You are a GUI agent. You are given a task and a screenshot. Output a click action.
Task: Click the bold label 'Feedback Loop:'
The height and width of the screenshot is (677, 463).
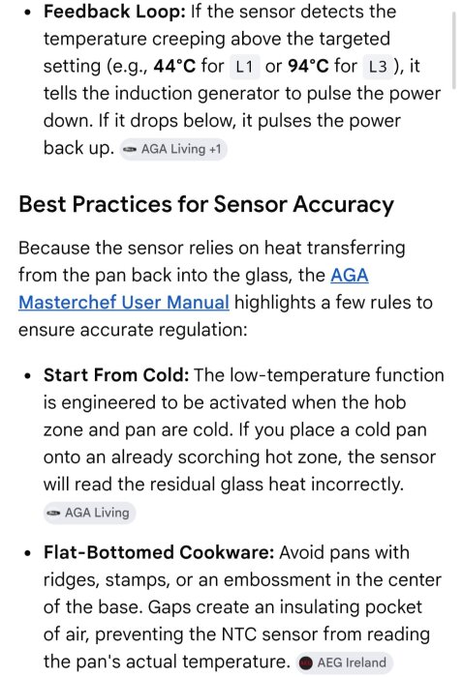click(x=114, y=12)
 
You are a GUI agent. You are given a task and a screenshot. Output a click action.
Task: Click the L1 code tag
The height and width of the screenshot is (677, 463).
click(x=244, y=67)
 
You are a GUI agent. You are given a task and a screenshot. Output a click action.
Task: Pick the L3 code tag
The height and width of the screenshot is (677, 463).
click(x=378, y=67)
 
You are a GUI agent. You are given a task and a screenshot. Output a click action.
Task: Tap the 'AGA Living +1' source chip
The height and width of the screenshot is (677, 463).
click(x=173, y=149)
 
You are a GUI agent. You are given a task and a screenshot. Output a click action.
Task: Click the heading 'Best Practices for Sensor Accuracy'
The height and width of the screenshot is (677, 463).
click(x=206, y=204)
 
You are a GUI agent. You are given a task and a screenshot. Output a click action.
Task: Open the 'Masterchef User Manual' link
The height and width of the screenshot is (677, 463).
click(x=124, y=302)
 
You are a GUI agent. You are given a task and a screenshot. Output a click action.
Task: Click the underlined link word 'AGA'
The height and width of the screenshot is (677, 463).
click(x=350, y=275)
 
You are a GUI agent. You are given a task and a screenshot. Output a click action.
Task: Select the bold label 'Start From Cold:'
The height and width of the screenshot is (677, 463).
click(x=116, y=375)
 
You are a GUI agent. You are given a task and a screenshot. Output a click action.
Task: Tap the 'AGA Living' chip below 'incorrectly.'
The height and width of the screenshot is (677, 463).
click(x=89, y=513)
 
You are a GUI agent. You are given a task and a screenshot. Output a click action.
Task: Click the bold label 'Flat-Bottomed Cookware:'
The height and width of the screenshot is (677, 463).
click(x=159, y=552)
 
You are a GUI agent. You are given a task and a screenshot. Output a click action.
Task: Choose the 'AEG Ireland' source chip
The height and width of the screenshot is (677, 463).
click(x=344, y=662)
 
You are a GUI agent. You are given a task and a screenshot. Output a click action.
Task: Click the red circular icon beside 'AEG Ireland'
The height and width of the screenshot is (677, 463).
click(x=306, y=662)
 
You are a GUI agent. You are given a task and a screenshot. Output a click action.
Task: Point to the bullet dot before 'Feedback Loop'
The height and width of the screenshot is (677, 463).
click(x=28, y=13)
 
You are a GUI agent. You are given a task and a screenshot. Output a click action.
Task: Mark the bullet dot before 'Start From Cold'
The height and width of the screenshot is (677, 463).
click(x=28, y=375)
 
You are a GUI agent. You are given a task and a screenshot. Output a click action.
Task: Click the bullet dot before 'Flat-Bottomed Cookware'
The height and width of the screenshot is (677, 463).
click(x=28, y=553)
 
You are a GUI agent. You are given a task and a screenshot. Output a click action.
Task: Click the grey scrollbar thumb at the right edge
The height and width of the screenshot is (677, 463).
click(x=453, y=51)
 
